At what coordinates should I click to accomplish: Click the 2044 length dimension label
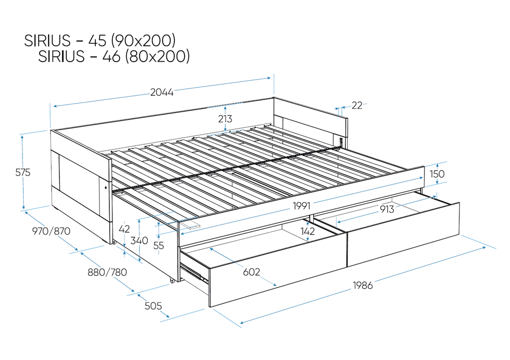coord(162,92)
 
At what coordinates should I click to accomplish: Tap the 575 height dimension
coord(23,172)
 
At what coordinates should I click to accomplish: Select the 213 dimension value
coord(225,119)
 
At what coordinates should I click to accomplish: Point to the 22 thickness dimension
coord(357,106)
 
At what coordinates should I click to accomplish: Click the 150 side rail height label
coord(437,174)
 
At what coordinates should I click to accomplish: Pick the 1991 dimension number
coord(301,206)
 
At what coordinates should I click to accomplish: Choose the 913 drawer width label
coord(387,210)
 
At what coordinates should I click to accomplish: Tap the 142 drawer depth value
coord(308,231)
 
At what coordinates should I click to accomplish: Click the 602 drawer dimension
coord(251,272)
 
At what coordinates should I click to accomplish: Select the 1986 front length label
coord(363,285)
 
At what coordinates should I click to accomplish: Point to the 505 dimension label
coord(153,306)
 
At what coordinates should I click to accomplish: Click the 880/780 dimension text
coord(107,272)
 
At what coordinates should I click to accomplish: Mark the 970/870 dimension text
coord(51,231)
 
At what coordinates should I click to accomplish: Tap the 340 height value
coord(139,241)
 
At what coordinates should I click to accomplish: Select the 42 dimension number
coord(124,229)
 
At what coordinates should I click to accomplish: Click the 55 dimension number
coord(159,245)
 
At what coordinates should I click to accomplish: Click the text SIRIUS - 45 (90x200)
coord(100,40)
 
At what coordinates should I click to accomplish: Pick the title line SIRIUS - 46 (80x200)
coord(114,56)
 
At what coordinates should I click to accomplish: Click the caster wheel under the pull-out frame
coord(171,280)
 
